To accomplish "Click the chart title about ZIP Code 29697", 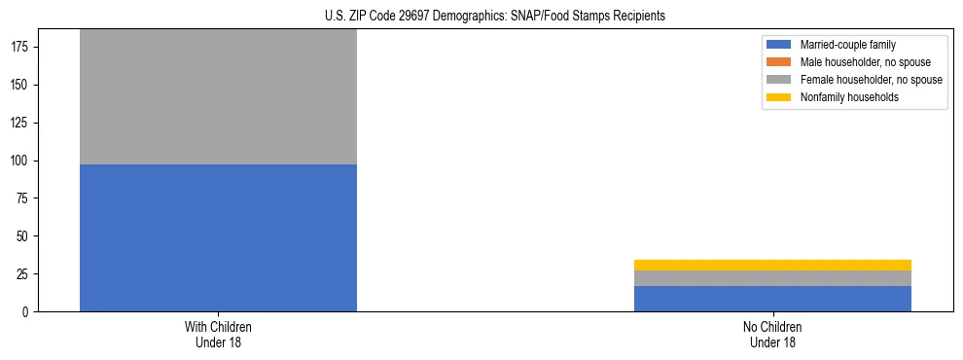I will [495, 16].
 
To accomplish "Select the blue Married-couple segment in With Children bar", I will [218, 238].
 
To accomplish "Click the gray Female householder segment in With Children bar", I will [218, 96].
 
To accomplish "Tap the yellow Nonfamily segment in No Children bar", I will [772, 265].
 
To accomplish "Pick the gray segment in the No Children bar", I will [772, 278].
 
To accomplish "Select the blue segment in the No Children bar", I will [772, 299].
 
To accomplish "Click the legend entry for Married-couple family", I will [847, 45].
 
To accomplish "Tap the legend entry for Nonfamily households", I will [849, 97].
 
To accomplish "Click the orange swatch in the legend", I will [779, 62].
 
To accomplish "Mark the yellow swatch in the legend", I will [779, 97].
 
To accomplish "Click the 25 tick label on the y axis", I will [23, 274].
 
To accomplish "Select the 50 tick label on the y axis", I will [23, 236].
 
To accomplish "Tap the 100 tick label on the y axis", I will [20, 161].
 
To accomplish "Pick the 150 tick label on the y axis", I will [20, 86].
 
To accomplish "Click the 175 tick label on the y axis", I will [20, 48].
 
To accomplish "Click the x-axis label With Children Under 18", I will [218, 335].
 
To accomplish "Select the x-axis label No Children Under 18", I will [772, 335].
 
